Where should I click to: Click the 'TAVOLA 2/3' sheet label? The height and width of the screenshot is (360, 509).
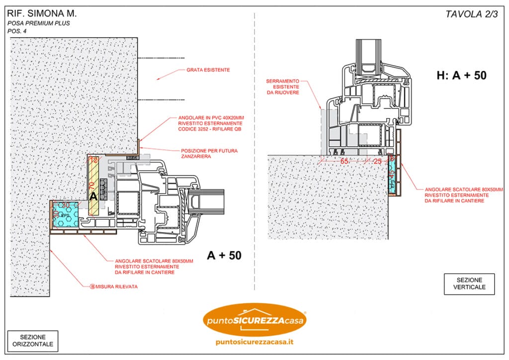click(x=471, y=14)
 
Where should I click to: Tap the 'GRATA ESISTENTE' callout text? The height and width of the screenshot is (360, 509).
click(x=208, y=70)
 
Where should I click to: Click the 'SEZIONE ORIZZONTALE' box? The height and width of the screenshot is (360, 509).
click(x=33, y=341)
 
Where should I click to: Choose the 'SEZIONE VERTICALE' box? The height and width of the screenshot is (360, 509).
click(x=469, y=284)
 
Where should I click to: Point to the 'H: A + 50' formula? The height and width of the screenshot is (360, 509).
click(x=461, y=76)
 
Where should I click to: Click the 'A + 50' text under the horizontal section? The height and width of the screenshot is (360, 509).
click(x=224, y=255)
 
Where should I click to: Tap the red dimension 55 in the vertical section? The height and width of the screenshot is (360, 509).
click(x=344, y=162)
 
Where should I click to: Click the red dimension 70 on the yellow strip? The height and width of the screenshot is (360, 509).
click(x=91, y=186)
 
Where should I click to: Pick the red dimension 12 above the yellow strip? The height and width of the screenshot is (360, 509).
click(x=93, y=160)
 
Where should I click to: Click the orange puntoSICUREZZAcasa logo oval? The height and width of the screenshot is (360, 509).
click(x=255, y=320)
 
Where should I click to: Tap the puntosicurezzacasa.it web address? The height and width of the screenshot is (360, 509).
click(x=254, y=342)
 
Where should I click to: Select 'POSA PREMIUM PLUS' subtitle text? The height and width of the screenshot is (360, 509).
click(x=38, y=23)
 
